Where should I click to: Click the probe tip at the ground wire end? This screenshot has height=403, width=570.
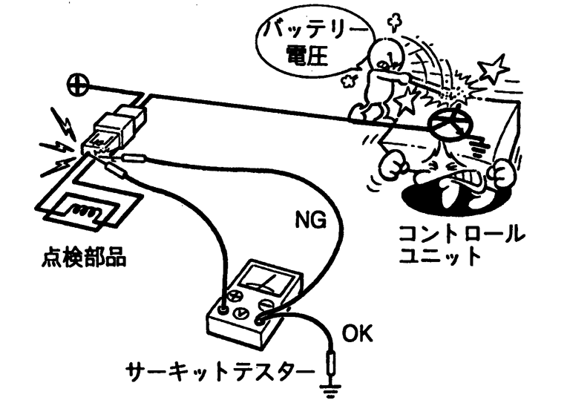pyautogui.click(x=331, y=363)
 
